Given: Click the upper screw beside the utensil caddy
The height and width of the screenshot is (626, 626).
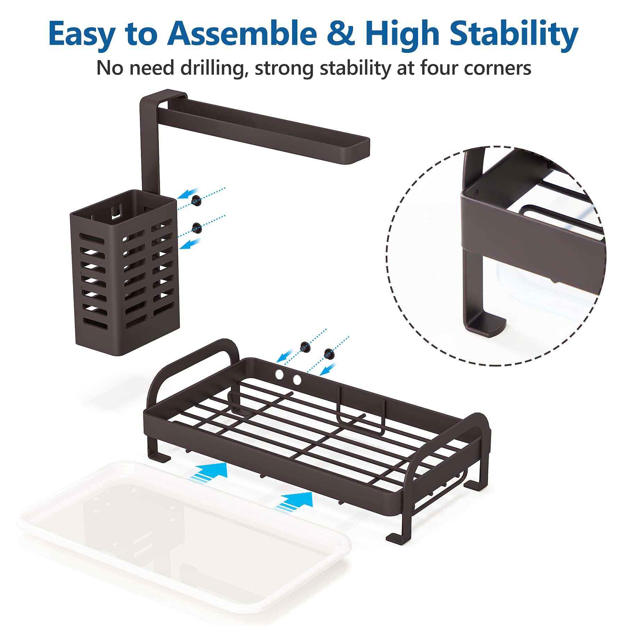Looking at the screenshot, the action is (196, 200).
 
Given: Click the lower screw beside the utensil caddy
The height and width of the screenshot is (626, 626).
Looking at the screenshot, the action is (197, 228).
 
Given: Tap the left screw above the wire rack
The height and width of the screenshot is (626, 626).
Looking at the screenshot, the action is (305, 347).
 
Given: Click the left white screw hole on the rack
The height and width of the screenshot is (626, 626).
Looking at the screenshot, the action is (279, 374).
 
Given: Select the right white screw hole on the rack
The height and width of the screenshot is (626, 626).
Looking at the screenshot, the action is (297, 380).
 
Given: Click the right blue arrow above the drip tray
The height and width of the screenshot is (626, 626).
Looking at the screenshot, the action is (294, 502).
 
